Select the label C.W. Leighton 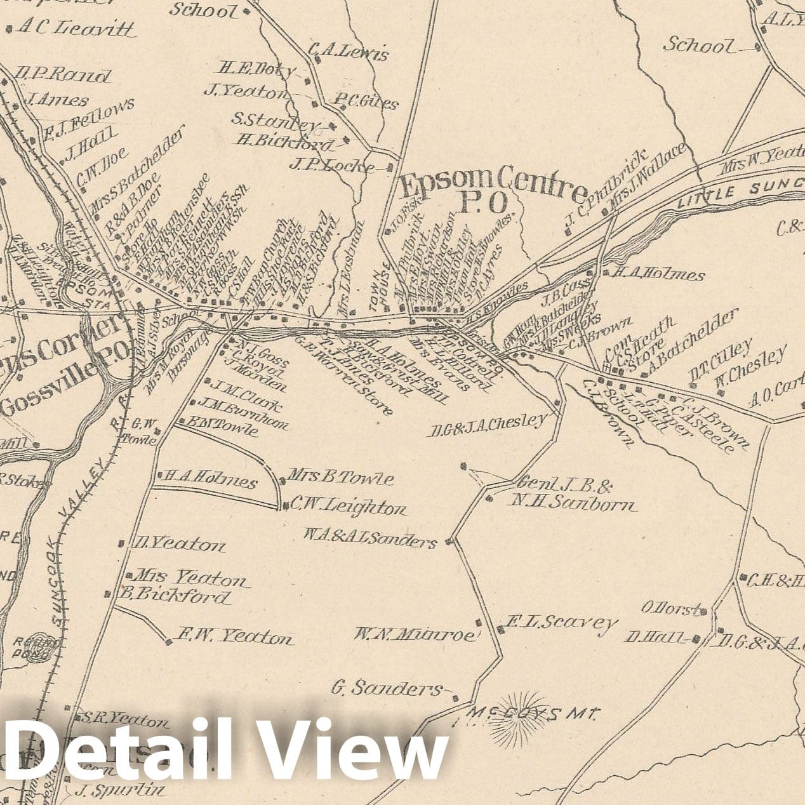tap(348, 507)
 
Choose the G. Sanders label tap(387, 688)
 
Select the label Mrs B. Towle tap(341, 477)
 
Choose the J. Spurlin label tap(121, 791)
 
